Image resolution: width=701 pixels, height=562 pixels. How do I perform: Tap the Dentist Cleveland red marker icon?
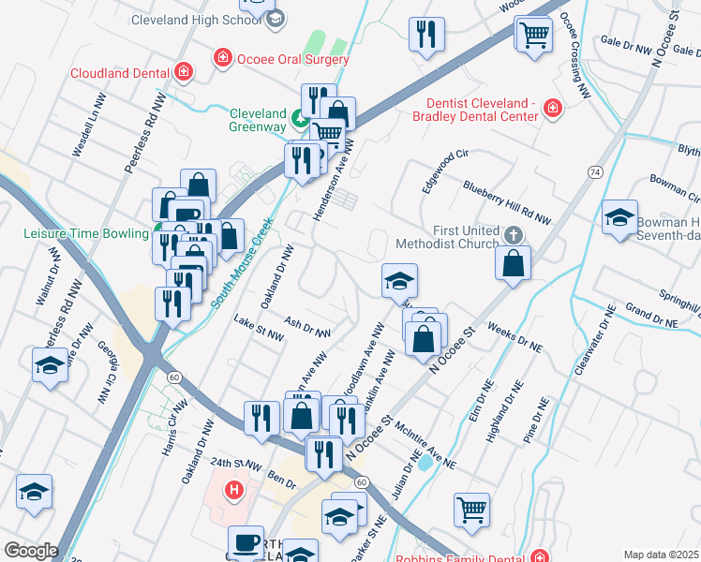553,111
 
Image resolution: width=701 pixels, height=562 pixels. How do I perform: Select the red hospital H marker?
234,488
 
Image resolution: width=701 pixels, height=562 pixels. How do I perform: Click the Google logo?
30,551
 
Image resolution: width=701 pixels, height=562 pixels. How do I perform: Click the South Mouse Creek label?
241,263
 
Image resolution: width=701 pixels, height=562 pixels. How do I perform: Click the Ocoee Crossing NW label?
574,55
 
